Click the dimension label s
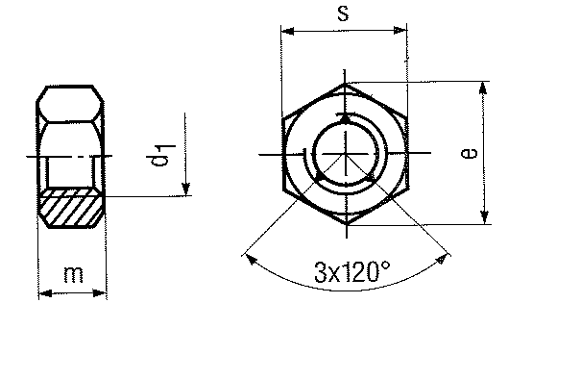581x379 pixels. pyautogui.click(x=343, y=13)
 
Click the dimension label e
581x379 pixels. pyautogui.click(x=469, y=153)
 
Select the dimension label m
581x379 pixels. pyautogui.click(x=73, y=274)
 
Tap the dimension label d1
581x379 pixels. pyautogui.click(x=160, y=155)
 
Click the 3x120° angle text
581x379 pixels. pyautogui.click(x=352, y=271)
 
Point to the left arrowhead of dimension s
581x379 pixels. pyautogui.click(x=287, y=31)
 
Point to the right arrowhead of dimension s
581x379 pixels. pyautogui.click(x=400, y=31)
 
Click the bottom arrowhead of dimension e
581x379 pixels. pyautogui.click(x=484, y=217)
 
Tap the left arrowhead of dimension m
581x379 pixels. pyautogui.click(x=45, y=293)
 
